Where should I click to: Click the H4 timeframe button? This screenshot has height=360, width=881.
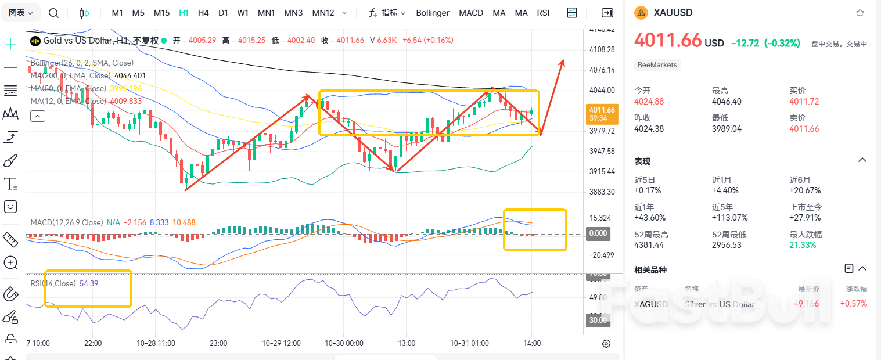click(x=203, y=13)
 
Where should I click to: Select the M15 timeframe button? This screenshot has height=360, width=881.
click(x=161, y=13)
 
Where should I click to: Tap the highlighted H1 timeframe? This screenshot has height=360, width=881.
click(x=184, y=13)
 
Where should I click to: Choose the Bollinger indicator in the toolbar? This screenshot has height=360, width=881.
click(x=433, y=13)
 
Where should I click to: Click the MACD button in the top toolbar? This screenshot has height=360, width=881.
click(x=470, y=13)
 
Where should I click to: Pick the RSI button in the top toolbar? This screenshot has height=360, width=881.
click(x=543, y=13)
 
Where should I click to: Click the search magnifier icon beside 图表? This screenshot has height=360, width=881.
click(x=53, y=13)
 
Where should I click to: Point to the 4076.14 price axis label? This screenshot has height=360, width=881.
click(x=602, y=70)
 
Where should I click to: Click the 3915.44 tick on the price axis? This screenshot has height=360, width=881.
click(x=602, y=172)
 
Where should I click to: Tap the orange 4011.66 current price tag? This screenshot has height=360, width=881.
click(x=601, y=110)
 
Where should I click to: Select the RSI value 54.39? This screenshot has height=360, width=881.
click(x=89, y=283)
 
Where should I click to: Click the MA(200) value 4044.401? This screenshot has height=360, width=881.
click(x=131, y=75)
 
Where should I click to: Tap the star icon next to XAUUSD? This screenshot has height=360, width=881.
click(x=860, y=13)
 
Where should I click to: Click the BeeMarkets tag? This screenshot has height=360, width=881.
click(x=657, y=65)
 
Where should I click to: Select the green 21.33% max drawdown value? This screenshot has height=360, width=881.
click(x=803, y=245)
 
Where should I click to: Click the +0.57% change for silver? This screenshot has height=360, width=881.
click(x=853, y=304)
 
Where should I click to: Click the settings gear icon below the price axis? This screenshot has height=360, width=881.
click(x=606, y=343)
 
